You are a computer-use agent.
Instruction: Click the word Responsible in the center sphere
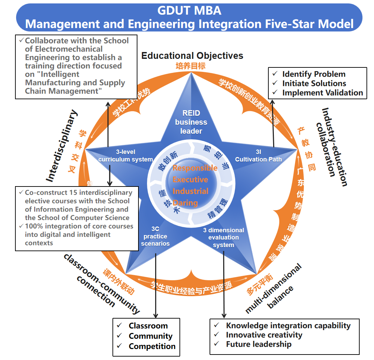click(x=195, y=168)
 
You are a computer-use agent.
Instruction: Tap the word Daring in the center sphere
click(x=185, y=203)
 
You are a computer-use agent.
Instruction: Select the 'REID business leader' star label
click(x=191, y=122)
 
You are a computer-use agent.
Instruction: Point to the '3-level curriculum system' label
click(x=125, y=156)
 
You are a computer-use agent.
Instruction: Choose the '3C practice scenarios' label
click(x=155, y=236)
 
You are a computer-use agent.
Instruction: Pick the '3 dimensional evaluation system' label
click(x=223, y=237)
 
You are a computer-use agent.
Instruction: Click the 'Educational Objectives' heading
click(x=192, y=56)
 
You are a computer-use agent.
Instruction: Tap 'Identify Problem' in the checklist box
click(x=313, y=74)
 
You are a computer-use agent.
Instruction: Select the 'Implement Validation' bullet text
click(x=322, y=93)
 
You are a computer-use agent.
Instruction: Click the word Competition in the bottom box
click(x=152, y=346)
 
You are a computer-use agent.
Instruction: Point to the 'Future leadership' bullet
click(x=258, y=344)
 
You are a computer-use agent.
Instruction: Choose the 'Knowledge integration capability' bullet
click(x=288, y=326)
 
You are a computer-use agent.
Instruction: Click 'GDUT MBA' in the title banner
click(x=189, y=11)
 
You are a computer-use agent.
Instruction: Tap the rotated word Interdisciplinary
click(x=62, y=146)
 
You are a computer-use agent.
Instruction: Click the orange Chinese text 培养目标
click(x=188, y=66)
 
